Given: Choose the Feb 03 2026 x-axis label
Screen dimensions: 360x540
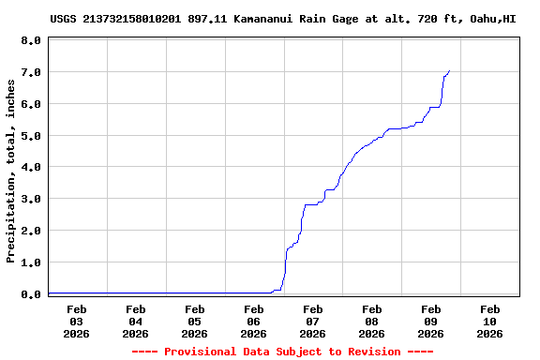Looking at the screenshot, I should pos(77,321).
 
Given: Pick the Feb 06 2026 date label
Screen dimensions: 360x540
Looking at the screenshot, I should pos(253,321).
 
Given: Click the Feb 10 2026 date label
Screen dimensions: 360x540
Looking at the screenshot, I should pos(489,321).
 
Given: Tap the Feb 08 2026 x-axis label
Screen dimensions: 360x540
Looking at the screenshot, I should pos(371,321).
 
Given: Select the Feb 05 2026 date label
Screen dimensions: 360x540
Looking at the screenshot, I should pos(194,321).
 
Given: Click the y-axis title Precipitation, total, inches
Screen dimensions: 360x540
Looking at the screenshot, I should pos(11,171).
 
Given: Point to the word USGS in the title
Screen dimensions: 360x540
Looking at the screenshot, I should pos(63,18).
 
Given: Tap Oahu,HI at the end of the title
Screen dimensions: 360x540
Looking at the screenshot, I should pos(492,18).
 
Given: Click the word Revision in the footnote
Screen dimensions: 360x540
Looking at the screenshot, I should pos(375,352).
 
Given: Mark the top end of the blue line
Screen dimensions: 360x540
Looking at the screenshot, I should pos(450,70).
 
